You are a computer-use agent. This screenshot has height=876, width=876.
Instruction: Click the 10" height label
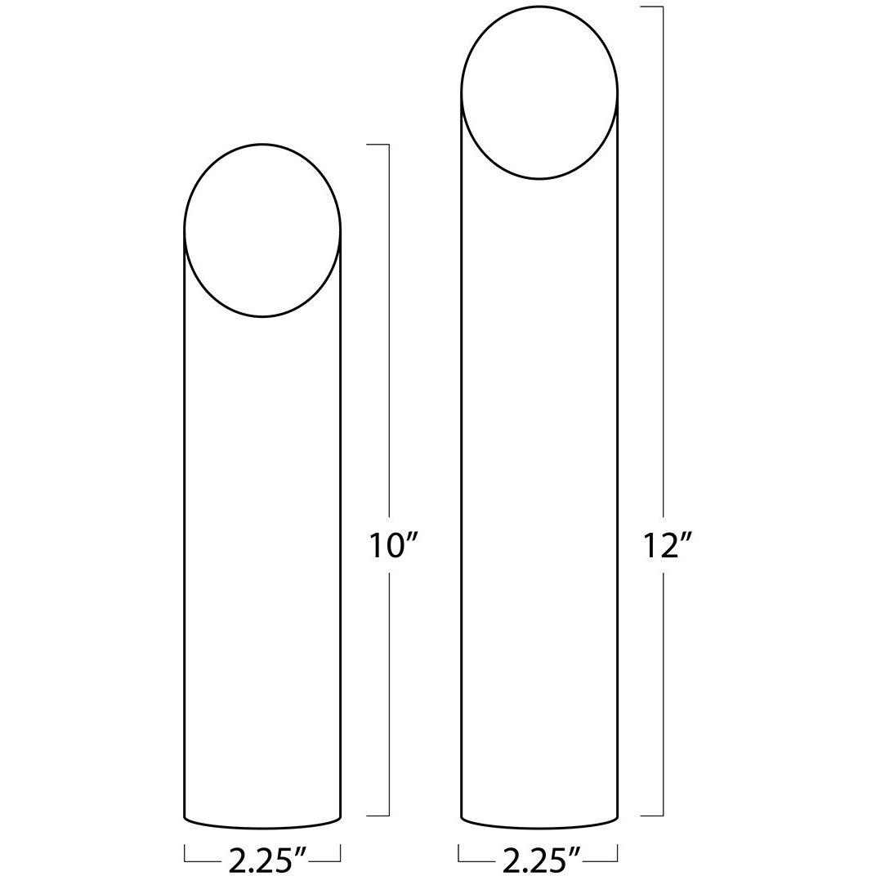click(x=388, y=545)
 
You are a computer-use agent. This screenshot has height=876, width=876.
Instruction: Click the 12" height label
click(x=663, y=545)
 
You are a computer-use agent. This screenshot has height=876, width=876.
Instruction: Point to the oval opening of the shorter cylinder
click(x=262, y=230)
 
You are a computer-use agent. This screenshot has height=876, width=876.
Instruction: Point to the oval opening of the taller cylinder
click(x=539, y=92)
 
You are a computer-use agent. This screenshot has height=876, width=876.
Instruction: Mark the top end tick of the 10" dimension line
click(x=378, y=145)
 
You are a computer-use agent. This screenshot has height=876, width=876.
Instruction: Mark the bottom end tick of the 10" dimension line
click(x=378, y=815)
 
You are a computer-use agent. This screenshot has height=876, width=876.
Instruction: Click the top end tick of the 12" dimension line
click(x=651, y=7)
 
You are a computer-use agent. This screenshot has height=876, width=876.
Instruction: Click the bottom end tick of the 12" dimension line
click(x=651, y=815)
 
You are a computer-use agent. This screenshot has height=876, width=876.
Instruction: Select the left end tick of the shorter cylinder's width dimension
click(x=185, y=853)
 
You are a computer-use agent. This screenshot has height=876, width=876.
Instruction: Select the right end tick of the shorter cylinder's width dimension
click(x=340, y=853)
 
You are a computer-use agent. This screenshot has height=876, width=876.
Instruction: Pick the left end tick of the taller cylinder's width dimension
click(x=459, y=853)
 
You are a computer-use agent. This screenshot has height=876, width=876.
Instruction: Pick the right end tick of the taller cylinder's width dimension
click(x=617, y=853)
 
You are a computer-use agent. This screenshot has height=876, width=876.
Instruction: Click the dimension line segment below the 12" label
click(x=663, y=695)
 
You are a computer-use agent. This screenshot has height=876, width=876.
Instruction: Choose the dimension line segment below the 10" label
click(x=389, y=695)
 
